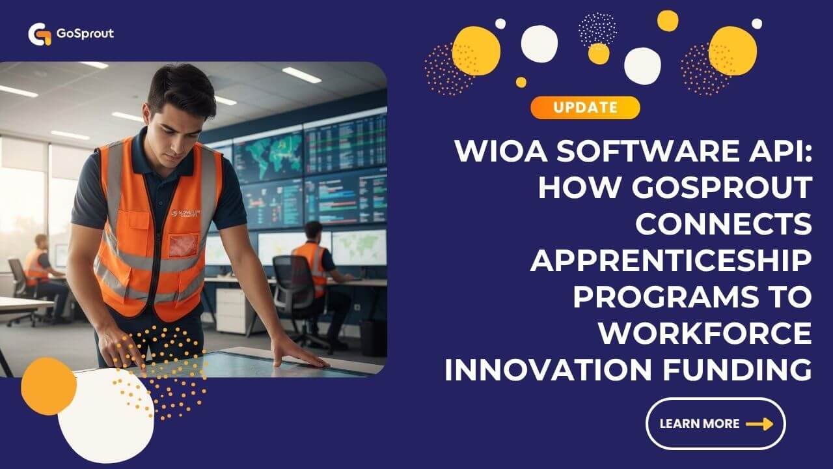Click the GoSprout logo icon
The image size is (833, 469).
tap(40, 35)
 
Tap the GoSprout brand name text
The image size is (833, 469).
tap(85, 33)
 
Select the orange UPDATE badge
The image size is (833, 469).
tap(585, 107)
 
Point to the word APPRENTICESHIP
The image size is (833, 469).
tap(671, 261)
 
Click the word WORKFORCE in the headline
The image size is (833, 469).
tap(705, 334)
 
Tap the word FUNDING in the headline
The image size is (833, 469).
tap(737, 369)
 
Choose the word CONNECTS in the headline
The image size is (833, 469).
tap(724, 224)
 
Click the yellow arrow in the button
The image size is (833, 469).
tap(759, 424)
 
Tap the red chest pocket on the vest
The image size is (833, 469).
tap(184, 246)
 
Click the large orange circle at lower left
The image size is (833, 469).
tap(49, 386)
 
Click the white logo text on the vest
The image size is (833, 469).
tap(186, 213)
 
